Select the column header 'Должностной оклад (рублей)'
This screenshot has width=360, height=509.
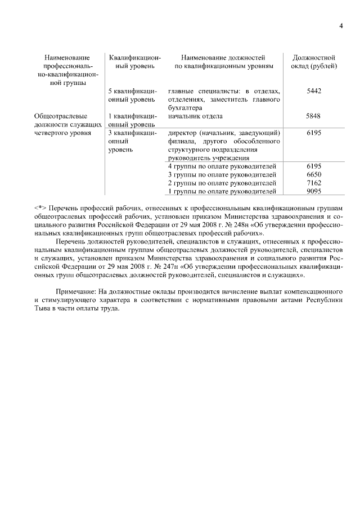pos(314,62)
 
